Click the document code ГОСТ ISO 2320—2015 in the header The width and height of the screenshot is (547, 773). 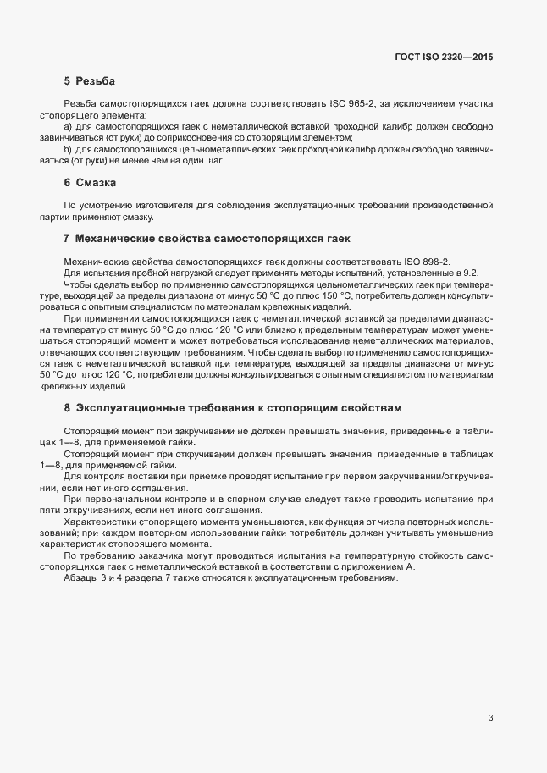[444, 57]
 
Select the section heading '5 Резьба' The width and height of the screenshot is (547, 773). [90, 82]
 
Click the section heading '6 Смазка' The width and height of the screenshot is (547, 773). [90, 183]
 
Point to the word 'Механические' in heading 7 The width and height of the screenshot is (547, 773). [118, 239]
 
